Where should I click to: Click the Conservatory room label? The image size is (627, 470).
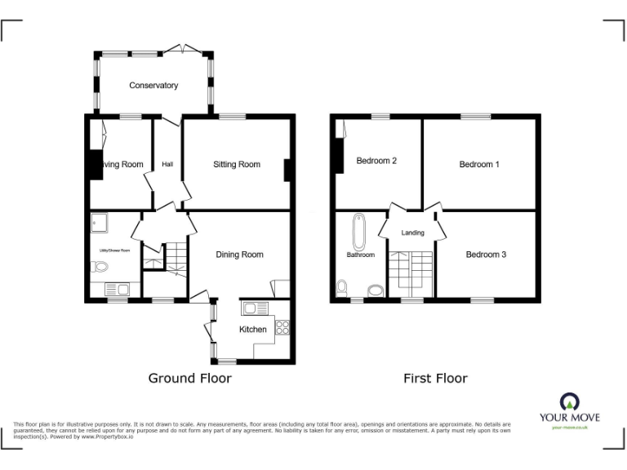click(x=153, y=86)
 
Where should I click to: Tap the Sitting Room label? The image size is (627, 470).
click(x=237, y=165)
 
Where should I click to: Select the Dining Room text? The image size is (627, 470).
click(x=239, y=255)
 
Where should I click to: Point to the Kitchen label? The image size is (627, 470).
click(x=252, y=330)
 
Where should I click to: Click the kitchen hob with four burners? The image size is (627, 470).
click(x=283, y=328)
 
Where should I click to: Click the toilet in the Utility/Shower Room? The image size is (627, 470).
click(x=99, y=266)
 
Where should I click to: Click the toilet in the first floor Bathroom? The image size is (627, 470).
click(x=340, y=287)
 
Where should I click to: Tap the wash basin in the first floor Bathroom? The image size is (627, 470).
click(x=376, y=290)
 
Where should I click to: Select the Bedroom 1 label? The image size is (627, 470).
click(x=479, y=165)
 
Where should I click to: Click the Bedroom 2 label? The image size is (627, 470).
click(x=376, y=161)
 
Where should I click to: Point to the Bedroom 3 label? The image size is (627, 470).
click(x=486, y=255)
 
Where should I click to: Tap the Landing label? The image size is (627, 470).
click(x=412, y=233)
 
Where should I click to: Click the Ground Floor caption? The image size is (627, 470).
click(x=189, y=379)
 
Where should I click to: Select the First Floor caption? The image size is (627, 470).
click(x=435, y=379)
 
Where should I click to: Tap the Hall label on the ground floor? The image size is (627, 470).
click(x=167, y=165)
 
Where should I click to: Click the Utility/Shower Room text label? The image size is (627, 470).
click(x=115, y=251)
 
